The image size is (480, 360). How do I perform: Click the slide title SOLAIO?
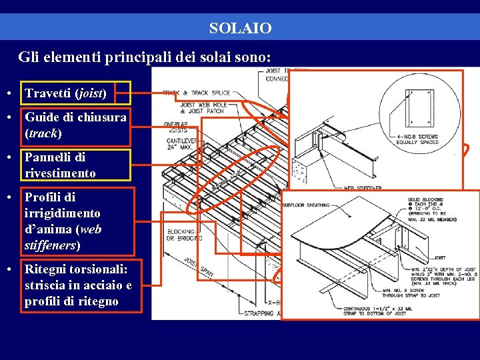pos(240,29)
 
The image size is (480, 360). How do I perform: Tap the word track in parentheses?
pos(43,133)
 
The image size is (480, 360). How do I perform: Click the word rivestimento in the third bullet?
pos(60,173)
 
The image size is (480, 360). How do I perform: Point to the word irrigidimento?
pos(63,213)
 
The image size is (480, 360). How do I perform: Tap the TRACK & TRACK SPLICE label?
pos(197,93)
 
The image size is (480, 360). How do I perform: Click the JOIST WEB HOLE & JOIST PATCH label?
pos(203,107)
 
